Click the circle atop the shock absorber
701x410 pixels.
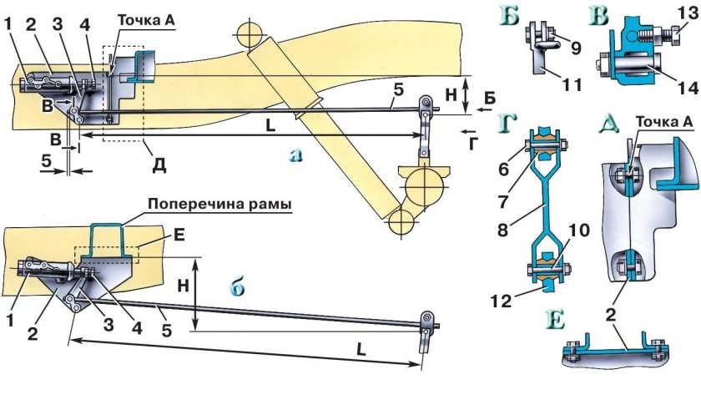[x=250, y=34]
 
